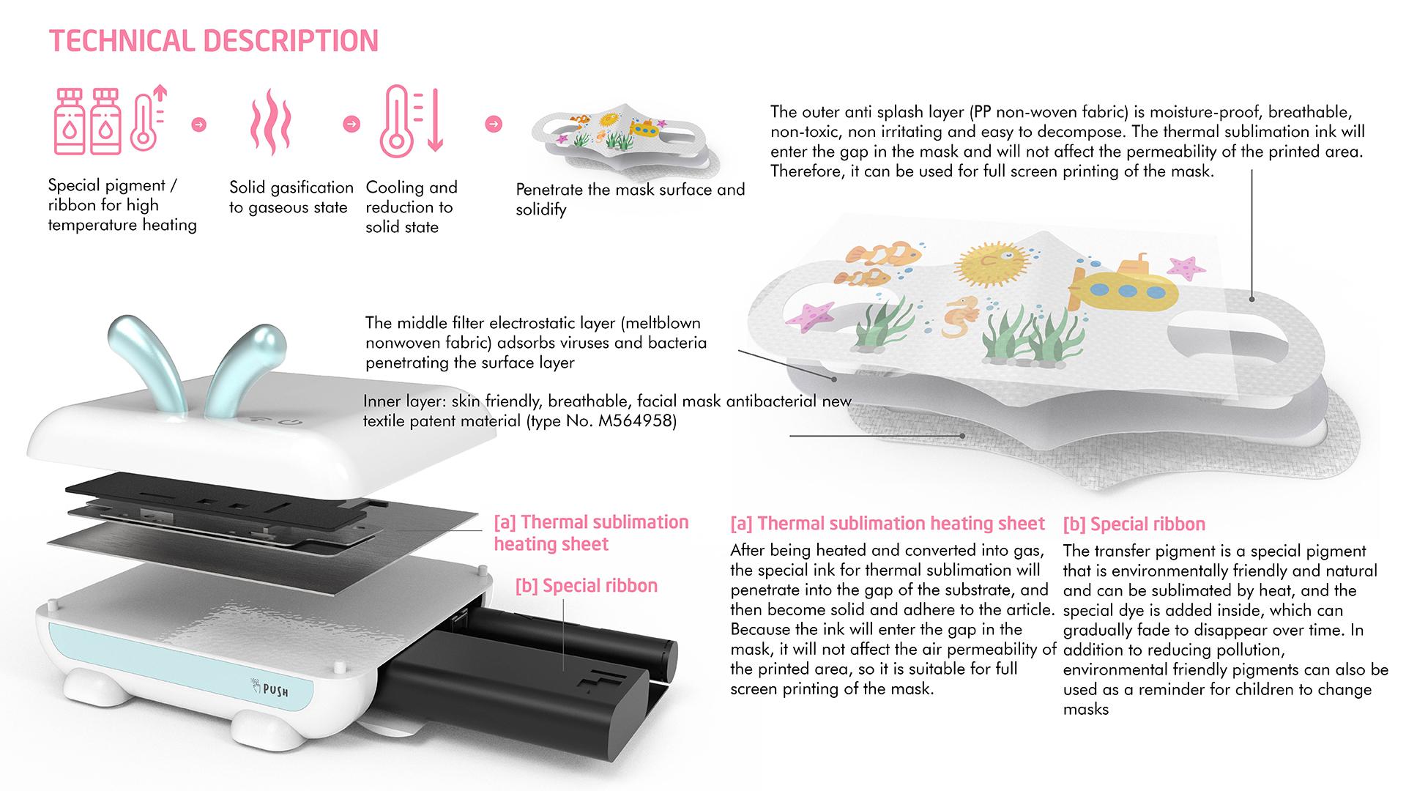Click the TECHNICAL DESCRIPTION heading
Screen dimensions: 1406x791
[x=214, y=41]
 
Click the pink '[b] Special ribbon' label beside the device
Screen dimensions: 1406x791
[x=587, y=586]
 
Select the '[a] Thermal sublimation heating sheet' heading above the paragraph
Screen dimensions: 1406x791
[x=888, y=524]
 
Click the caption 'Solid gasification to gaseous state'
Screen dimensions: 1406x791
[x=291, y=198]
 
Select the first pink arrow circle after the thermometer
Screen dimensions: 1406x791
[x=198, y=124]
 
